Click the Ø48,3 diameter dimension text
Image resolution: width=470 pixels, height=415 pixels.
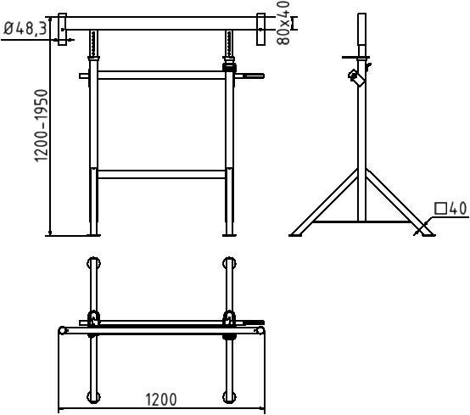(25, 28)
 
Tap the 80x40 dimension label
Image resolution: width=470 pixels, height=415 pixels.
(284, 21)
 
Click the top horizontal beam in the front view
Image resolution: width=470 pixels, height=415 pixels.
(161, 25)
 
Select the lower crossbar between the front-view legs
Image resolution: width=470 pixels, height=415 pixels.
(161, 174)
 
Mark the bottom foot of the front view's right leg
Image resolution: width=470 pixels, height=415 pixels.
(229, 227)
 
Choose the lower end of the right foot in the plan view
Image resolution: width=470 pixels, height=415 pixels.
(229, 395)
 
